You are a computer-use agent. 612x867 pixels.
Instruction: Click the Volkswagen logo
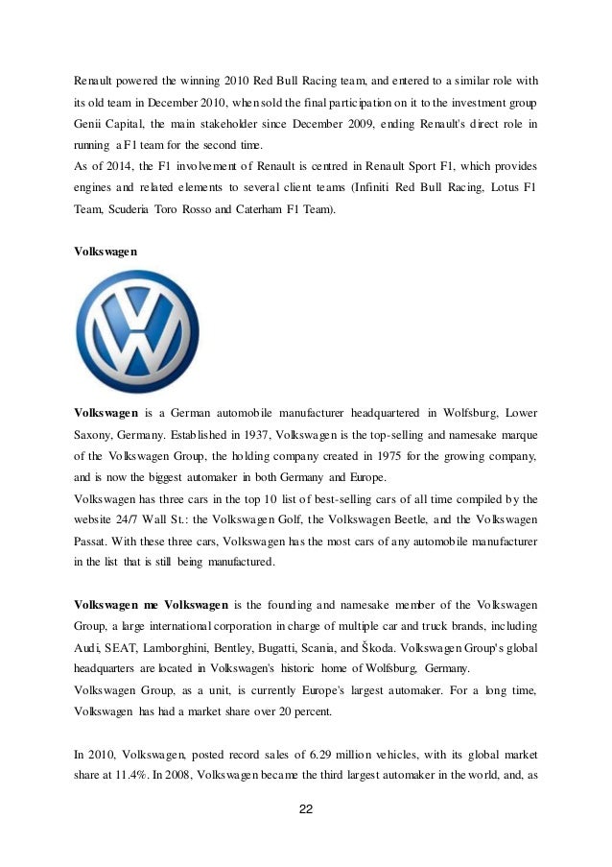click(x=138, y=331)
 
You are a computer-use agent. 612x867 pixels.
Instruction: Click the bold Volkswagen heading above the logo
click(x=106, y=250)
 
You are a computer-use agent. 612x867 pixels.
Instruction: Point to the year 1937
click(x=246, y=433)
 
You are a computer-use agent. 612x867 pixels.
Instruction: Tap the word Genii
click(x=90, y=125)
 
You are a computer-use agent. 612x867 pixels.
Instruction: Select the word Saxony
click(x=94, y=433)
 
